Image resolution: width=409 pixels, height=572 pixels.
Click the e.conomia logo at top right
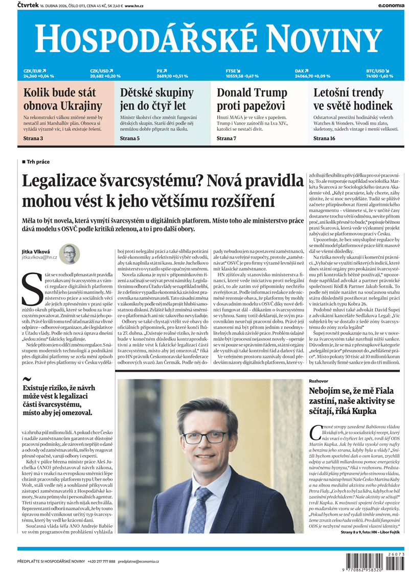(x=391, y=5)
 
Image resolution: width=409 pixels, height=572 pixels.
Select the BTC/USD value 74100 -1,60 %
(x=379, y=76)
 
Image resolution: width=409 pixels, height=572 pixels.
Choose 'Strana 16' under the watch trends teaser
(x=324, y=138)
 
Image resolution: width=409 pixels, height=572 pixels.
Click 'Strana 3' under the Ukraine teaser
(x=33, y=138)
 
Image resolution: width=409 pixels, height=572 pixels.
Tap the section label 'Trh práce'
(x=38, y=162)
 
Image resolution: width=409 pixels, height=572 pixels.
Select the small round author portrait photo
(x=69, y=254)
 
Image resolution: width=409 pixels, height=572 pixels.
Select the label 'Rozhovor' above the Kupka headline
(x=319, y=381)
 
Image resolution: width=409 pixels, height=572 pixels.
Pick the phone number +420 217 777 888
(x=101, y=561)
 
